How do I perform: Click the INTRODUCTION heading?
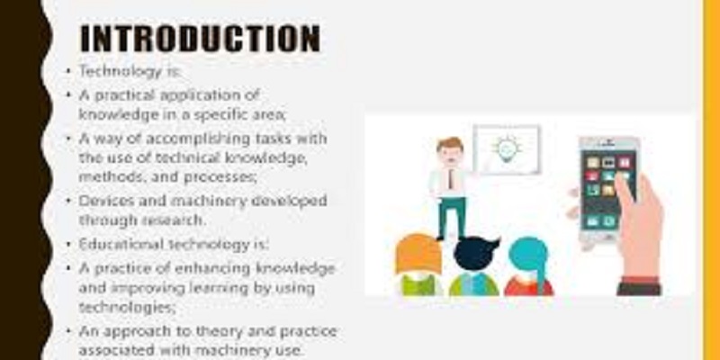coord(200,39)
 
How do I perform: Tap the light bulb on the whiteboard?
coord(507,148)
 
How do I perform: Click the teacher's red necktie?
coord(452,179)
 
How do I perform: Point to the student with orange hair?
coord(418,265)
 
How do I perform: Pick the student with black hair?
coord(475,266)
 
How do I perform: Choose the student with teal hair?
coord(529,266)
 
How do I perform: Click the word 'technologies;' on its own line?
coord(127,308)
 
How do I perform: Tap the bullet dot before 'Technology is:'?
coord(68,71)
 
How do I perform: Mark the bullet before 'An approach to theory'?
coord(68,330)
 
